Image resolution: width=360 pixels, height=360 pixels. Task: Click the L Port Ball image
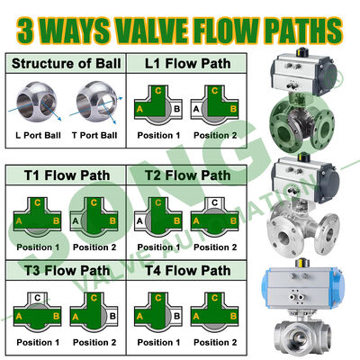(37, 102)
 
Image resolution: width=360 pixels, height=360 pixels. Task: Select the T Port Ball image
(96, 101)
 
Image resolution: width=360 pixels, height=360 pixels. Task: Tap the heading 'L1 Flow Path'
(188, 64)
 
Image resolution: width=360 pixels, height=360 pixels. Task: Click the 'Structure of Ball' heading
(67, 64)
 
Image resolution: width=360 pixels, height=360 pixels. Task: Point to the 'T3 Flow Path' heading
(67, 271)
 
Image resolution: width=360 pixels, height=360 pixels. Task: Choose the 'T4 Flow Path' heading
(188, 271)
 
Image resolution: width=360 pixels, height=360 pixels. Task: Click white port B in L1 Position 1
(176, 109)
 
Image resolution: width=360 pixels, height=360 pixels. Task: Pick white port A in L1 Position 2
(196, 109)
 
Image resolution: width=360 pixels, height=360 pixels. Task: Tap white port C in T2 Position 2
(214, 202)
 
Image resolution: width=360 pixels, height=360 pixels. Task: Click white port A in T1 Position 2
(76, 221)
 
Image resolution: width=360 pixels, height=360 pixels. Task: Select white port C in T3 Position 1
(38, 298)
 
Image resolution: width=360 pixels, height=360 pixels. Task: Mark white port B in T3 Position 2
(112, 316)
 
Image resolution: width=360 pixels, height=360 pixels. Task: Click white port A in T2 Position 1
(139, 221)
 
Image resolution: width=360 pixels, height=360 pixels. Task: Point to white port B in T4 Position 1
(176, 316)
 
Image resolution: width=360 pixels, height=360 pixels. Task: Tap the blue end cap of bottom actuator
(341, 288)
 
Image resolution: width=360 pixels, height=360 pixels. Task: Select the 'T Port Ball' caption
(94, 135)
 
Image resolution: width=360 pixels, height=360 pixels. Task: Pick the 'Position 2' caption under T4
(215, 342)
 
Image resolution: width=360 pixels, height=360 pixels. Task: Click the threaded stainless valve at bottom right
(302, 333)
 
